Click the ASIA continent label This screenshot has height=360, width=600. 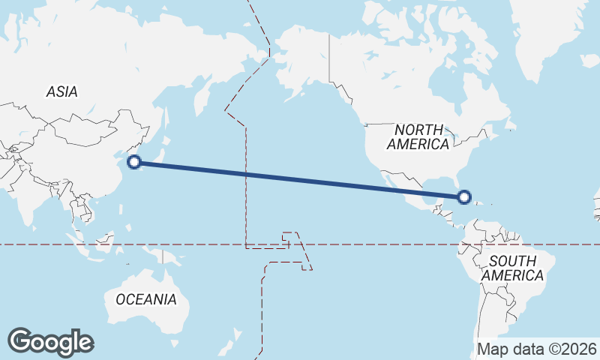(x=61, y=91)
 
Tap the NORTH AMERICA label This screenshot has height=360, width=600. (x=418, y=136)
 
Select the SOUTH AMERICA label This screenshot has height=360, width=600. (x=513, y=268)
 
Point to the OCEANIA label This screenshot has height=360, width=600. (x=146, y=299)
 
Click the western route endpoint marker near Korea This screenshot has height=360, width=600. (x=134, y=161)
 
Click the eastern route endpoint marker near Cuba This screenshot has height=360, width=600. (x=464, y=197)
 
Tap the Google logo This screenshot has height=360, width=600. (x=51, y=341)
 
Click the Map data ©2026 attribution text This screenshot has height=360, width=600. (x=537, y=349)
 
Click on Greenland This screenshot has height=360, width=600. (x=555, y=30)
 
